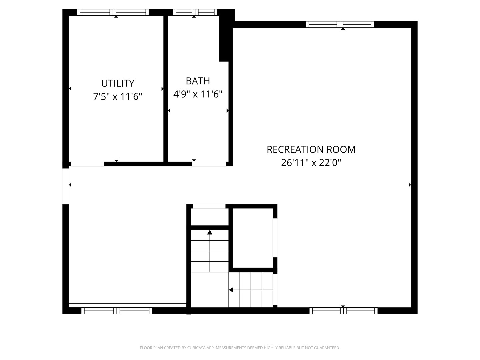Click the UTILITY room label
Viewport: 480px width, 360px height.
coord(118,83)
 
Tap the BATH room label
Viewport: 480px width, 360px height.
coord(198,81)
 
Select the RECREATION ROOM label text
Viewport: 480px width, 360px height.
coord(311,149)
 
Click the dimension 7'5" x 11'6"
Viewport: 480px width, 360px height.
coord(118,97)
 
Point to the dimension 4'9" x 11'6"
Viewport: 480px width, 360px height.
coord(198,94)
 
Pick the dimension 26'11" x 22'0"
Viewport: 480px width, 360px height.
coord(311,163)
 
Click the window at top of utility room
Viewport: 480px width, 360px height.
coord(113,12)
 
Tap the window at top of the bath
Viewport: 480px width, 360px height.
coord(195,12)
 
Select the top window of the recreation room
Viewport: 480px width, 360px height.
coord(340,24)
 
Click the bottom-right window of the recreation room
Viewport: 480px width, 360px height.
coord(343,311)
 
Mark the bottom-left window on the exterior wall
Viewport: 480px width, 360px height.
coord(117,311)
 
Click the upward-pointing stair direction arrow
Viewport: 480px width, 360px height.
coord(210,232)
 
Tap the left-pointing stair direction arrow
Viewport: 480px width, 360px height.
coord(231,290)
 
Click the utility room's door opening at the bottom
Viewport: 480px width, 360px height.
coord(87,164)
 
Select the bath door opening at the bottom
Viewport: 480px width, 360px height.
coord(209,164)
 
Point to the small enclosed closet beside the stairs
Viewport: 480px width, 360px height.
coord(253,238)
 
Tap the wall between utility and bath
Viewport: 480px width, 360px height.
coord(166,88)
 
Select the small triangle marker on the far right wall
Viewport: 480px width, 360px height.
coord(410,185)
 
